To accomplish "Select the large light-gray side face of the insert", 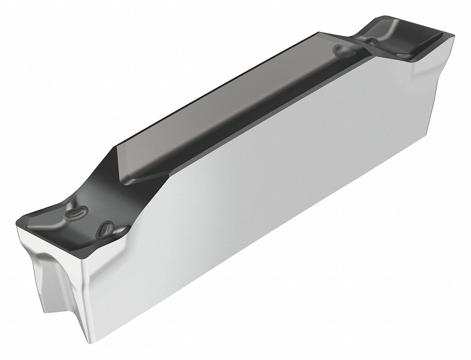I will [272, 188].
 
